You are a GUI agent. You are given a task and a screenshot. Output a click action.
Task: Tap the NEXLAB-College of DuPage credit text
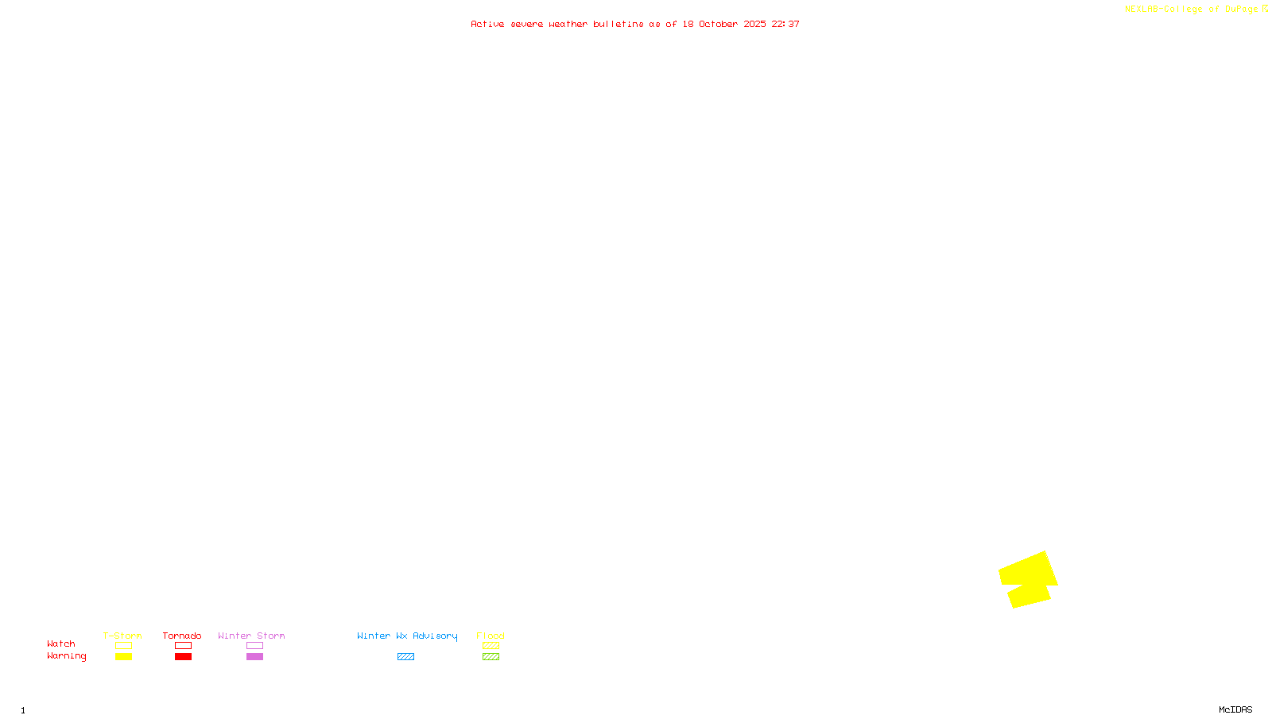1191,10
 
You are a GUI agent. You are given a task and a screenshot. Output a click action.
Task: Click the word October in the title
718,24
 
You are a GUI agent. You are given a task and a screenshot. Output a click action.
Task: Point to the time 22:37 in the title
785,24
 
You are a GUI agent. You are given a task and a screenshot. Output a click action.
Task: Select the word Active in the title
487,24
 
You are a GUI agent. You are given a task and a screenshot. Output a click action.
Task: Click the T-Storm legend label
122,636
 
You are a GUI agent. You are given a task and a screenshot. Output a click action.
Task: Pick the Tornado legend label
182,636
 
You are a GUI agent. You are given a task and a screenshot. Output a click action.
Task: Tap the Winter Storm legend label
251,636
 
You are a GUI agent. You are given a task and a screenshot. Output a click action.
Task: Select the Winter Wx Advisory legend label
407,636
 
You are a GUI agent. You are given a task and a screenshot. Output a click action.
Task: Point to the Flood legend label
491,636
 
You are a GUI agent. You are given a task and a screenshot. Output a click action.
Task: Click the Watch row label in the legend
61,643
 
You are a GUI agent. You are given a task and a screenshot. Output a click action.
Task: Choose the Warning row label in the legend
67,656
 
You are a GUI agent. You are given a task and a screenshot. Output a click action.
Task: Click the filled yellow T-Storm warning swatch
123,657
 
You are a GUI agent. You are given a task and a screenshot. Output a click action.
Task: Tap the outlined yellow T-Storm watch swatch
123,646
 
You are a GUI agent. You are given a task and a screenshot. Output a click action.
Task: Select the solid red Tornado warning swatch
184,657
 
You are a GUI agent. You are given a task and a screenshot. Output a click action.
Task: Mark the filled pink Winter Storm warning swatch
254,657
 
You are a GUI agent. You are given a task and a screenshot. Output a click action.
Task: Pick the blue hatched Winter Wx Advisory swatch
405,657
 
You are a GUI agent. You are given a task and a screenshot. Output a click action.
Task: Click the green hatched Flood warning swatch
491,657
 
